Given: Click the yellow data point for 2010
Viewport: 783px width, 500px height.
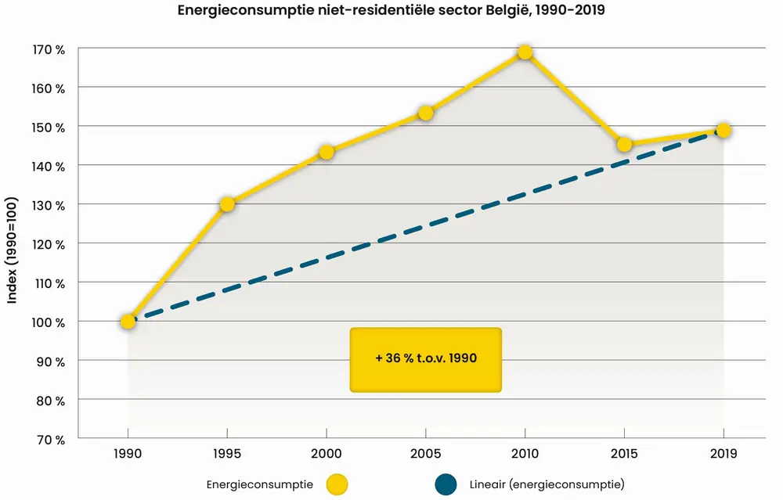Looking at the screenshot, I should (525, 52).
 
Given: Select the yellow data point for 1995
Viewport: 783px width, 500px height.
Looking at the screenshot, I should (227, 204).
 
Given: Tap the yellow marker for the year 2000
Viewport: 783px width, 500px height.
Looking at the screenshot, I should (327, 152).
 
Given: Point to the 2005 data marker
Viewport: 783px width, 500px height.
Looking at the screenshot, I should (426, 113).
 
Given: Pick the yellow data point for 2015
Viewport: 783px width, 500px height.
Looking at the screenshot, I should (624, 144).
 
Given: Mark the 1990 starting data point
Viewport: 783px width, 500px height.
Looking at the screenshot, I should (128, 321).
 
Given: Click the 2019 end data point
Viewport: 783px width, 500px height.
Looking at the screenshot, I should (723, 130).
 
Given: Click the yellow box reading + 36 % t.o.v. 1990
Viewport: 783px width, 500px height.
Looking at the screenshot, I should (425, 359).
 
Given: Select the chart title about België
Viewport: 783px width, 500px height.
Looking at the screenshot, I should (391, 12).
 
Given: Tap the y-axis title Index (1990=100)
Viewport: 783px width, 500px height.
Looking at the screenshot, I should (14, 243).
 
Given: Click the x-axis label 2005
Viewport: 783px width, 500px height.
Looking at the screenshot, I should (426, 455).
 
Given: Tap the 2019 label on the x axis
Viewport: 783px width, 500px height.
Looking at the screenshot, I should (723, 455).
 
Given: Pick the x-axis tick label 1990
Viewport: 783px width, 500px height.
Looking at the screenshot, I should (128, 455).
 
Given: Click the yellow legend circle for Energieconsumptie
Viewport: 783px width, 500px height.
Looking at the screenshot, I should (337, 485).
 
